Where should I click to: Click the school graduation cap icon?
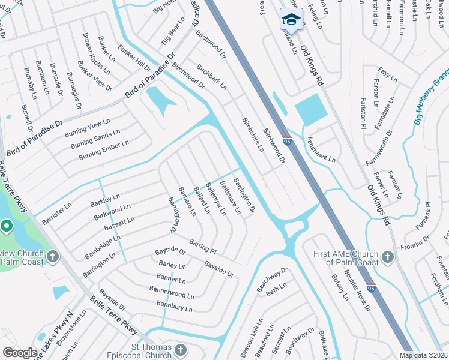pyautogui.click(x=291, y=19)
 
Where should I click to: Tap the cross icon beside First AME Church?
pyautogui.click(x=388, y=258)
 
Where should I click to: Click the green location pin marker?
pyautogui.click(x=6, y=227)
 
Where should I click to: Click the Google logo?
pyautogui.click(x=20, y=353)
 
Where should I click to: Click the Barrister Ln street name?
pyautogui.click(x=56, y=209)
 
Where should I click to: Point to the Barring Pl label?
pyautogui.click(x=202, y=246)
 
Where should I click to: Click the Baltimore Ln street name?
pyautogui.click(x=229, y=197)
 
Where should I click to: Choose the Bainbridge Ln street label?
pyautogui.click(x=103, y=247)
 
